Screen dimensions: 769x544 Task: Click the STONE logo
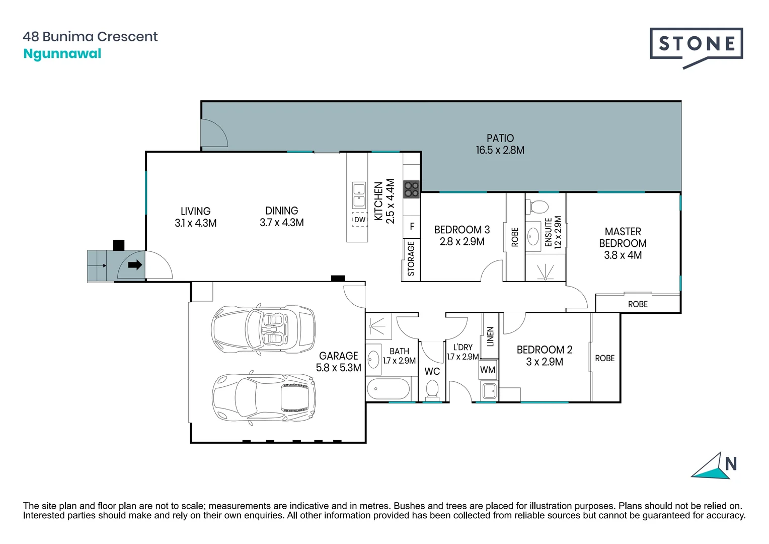[696, 48]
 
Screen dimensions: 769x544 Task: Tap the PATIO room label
[500, 138]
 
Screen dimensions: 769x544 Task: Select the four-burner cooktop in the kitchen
[411, 189]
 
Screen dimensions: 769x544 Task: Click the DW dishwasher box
[359, 220]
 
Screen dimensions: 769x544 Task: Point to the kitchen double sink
[359, 195]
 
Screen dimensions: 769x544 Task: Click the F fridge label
[412, 227]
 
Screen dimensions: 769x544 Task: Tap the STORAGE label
[411, 258]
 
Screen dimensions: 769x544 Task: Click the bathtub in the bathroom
[389, 389]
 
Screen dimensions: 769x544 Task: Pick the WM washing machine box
[488, 370]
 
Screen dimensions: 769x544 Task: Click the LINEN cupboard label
[490, 336]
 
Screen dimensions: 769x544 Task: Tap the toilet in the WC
[432, 389]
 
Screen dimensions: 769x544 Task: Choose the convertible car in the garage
[263, 328]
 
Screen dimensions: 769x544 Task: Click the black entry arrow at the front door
[135, 264]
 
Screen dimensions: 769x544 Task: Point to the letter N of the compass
[731, 464]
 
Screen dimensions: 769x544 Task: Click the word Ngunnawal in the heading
[62, 54]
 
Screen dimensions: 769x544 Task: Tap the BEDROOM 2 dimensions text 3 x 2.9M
[545, 362]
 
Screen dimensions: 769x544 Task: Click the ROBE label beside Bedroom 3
[515, 237]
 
